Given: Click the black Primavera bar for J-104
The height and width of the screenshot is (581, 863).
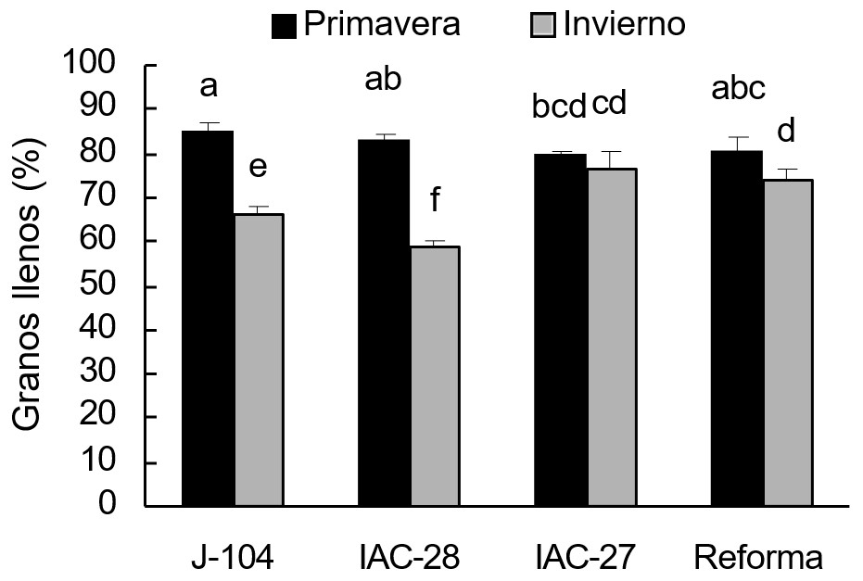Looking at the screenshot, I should click(208, 319).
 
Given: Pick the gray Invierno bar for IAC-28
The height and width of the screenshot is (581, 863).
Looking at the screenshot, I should click(435, 376).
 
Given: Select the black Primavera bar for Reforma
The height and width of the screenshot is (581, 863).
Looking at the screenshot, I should click(736, 328).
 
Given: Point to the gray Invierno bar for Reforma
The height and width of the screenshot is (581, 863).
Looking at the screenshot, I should click(787, 343).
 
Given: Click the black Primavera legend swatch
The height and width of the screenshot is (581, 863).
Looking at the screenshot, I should click(284, 26).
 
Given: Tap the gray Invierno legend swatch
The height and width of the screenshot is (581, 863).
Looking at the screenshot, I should click(543, 26).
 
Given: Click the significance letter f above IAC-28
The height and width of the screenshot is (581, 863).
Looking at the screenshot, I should click(435, 201).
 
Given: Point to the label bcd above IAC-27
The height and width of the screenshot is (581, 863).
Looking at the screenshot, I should click(559, 107).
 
